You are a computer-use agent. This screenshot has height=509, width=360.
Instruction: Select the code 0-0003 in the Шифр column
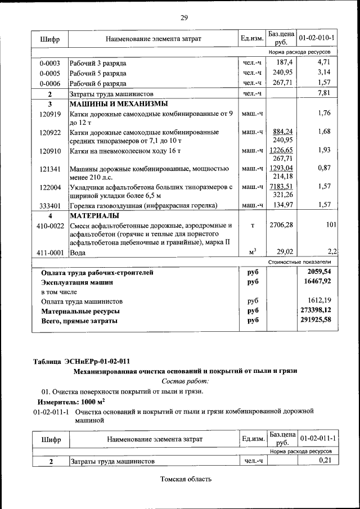click(x=50, y=62)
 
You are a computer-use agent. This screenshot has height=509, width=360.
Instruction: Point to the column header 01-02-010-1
click(x=317, y=38)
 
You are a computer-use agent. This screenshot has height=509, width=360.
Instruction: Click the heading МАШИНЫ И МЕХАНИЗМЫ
click(x=118, y=104)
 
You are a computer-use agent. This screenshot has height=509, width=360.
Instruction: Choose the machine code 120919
click(x=50, y=114)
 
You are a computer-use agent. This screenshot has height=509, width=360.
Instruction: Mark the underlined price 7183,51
click(x=282, y=186)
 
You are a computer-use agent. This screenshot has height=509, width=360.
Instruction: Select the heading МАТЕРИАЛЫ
click(x=94, y=215)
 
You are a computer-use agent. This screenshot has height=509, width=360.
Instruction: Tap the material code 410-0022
click(x=50, y=226)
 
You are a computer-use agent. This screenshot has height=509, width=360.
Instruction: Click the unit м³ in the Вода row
click(x=253, y=252)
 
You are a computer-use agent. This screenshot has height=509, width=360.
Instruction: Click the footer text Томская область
click(x=185, y=479)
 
